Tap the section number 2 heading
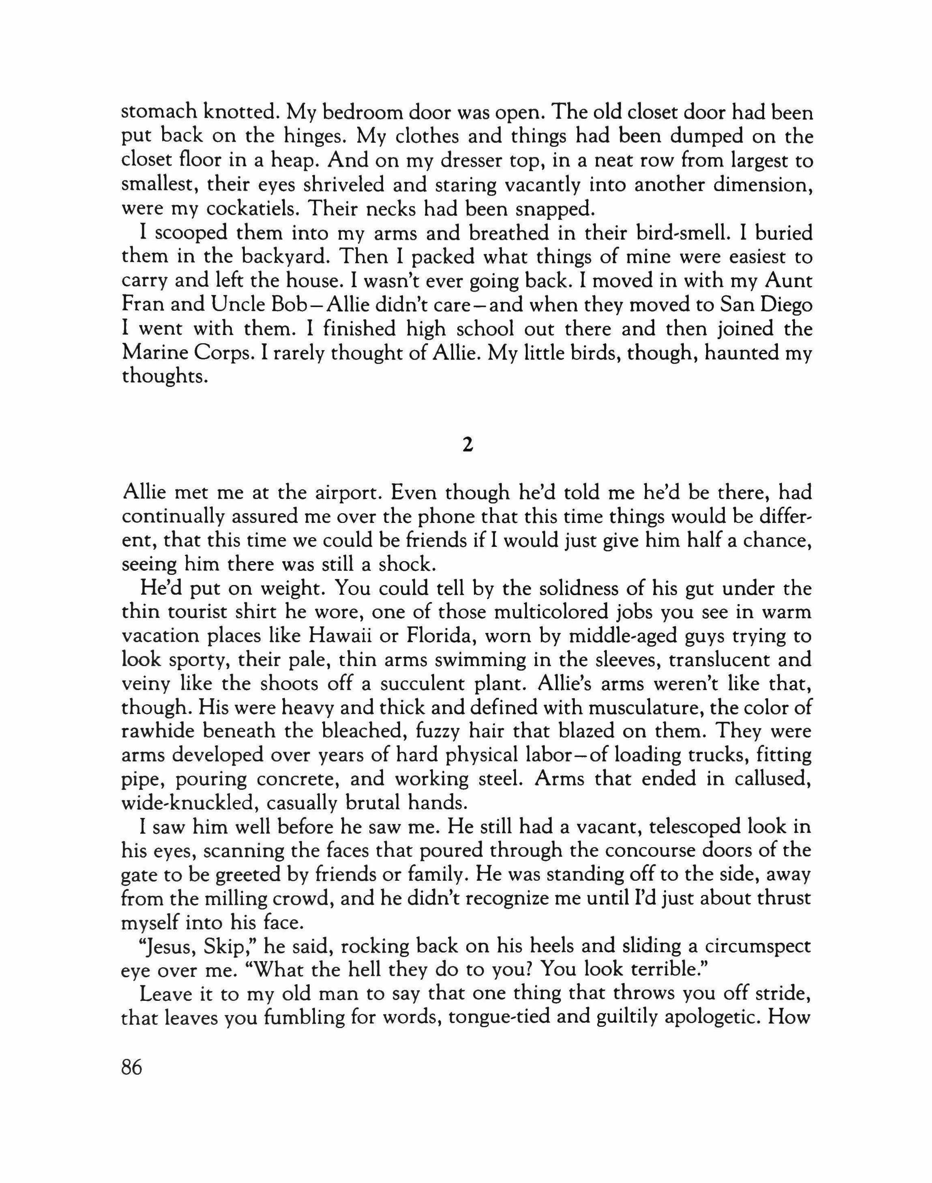466,445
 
